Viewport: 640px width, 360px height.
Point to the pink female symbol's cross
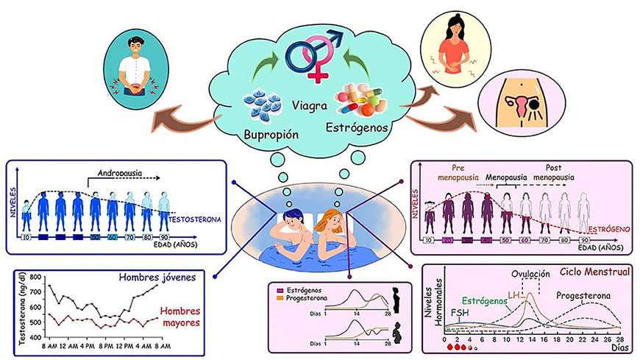[319, 76]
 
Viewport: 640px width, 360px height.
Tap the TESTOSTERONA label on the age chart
[193, 220]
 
